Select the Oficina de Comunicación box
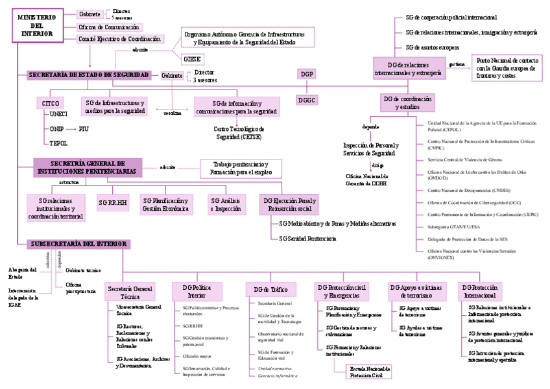pos(109,27)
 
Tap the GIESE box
pos(193,59)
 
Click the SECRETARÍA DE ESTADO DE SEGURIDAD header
pos(89,75)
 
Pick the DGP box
pos(307,75)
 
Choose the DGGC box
pos(307,100)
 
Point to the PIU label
pos(84,129)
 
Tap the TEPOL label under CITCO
pos(58,143)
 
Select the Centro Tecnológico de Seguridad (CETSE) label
pos(238,133)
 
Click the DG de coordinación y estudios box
pos(407,102)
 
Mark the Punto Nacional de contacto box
pos(505,67)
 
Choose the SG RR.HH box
pos(113,203)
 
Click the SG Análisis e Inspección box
pos(227,205)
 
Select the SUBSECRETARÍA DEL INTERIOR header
pos(78,244)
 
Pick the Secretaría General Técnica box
pos(130,291)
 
